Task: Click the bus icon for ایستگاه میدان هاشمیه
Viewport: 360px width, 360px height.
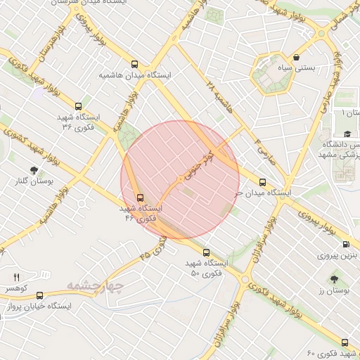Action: (135, 63)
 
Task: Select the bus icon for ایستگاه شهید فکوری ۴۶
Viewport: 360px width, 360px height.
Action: (140, 198)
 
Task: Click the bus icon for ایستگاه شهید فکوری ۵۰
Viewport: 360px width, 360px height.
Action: (205, 252)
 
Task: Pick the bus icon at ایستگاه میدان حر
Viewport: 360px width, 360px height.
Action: (263, 181)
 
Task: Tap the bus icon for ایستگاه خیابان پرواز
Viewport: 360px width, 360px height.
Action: (39, 296)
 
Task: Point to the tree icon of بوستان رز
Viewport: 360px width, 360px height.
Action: (334, 278)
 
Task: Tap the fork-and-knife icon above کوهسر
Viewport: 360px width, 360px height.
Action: (17, 277)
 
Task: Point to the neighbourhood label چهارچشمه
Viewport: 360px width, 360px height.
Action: (96, 285)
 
